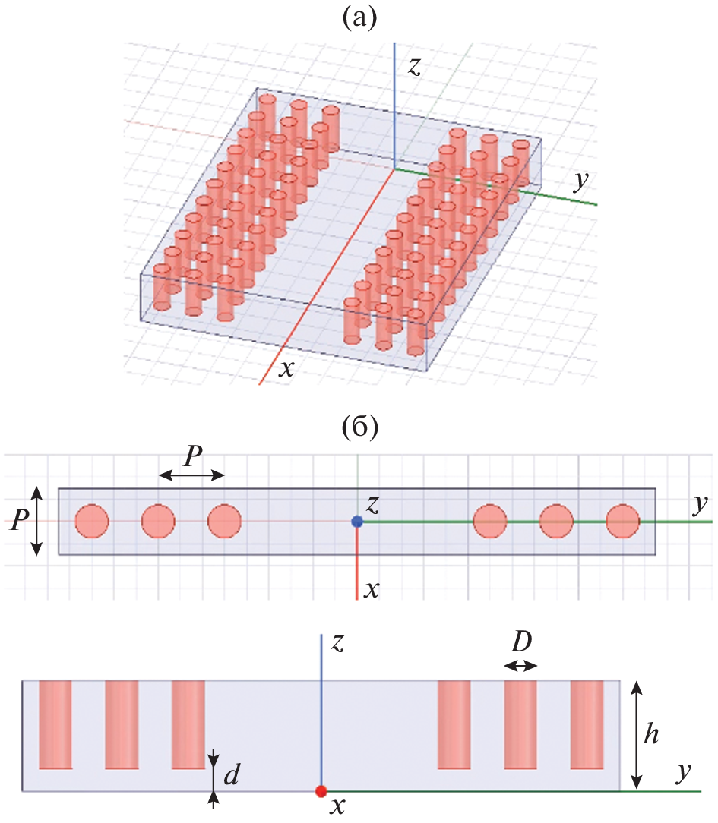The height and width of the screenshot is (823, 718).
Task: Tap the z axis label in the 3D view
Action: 414,67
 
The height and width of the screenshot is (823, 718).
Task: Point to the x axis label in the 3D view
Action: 286,369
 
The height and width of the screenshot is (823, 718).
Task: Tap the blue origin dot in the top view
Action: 357,522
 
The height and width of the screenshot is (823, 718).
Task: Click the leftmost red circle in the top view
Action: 92,521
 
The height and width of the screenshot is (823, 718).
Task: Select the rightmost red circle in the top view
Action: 623,521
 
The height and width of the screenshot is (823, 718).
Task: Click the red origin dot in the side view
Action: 321,791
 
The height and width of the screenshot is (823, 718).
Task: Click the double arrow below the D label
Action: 520,666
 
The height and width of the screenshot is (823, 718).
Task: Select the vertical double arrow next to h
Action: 637,734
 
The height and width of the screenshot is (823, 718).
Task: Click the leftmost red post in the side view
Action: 55,724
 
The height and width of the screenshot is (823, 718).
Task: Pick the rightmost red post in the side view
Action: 587,724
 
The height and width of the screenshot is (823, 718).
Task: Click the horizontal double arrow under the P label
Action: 191,475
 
